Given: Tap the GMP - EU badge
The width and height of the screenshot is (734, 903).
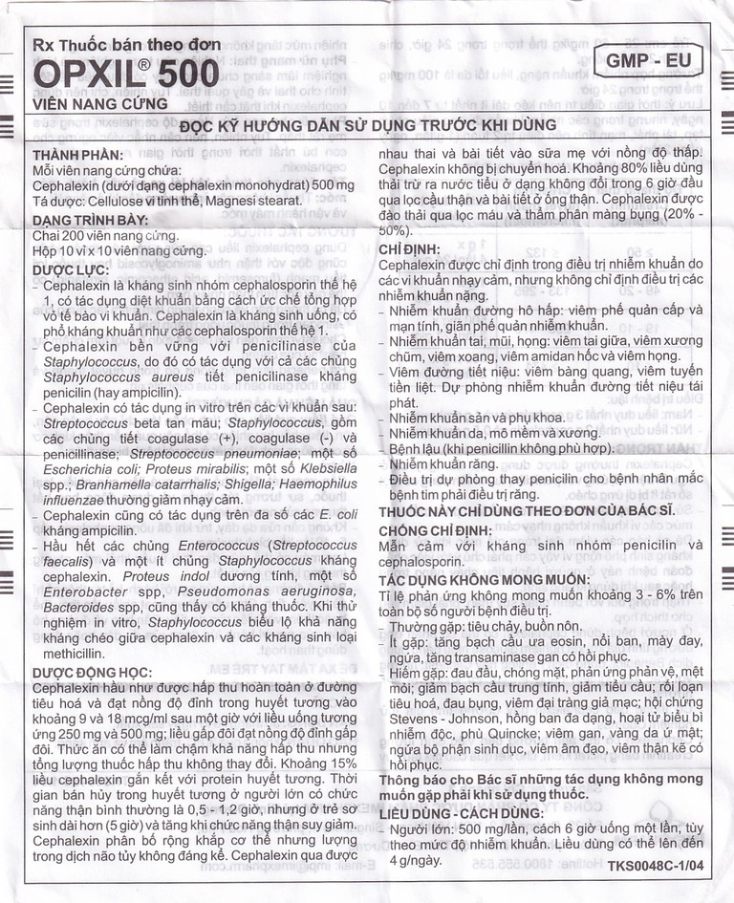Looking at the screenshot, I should click(648, 62).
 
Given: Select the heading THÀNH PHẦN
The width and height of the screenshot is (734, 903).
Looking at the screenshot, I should click(72, 154).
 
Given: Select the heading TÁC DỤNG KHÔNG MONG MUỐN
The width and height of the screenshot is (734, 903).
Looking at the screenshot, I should click(490, 579).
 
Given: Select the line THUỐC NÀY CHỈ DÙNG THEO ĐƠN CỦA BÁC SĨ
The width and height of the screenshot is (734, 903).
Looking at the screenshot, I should click(527, 510).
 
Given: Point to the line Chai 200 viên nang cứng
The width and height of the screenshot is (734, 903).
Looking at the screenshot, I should click(105, 235).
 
